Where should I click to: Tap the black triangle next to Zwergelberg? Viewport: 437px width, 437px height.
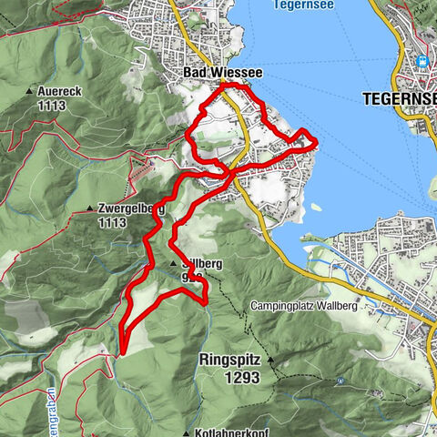click(90, 208)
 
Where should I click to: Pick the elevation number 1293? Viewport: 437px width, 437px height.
click(229, 374)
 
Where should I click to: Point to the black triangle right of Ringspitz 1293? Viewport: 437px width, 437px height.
click(270, 360)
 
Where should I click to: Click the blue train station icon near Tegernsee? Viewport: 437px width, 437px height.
click(421, 63)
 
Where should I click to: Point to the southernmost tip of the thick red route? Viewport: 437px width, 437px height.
click(121, 350)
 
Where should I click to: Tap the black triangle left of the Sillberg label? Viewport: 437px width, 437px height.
click(173, 263)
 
